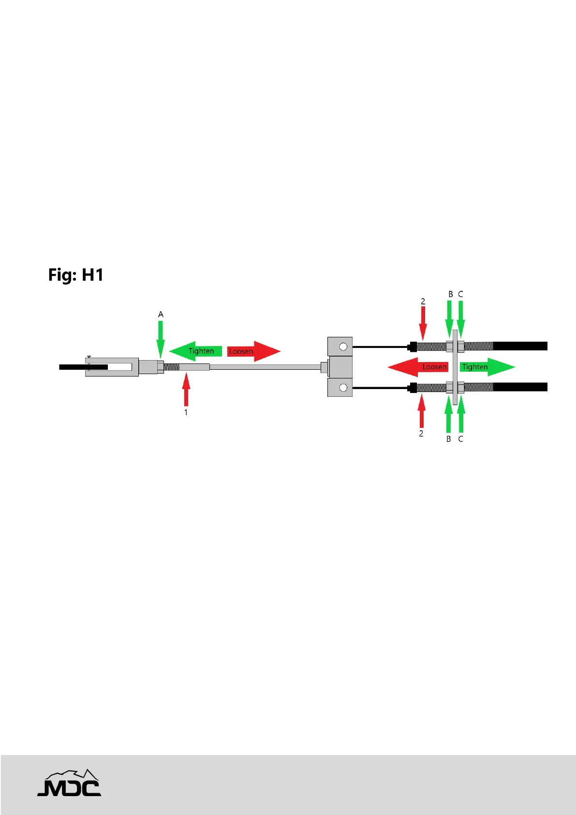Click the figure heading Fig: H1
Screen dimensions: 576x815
coord(76,275)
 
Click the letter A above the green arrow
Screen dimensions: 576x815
coord(161,315)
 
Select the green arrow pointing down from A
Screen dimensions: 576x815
coord(161,339)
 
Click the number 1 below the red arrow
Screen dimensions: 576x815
coord(186,412)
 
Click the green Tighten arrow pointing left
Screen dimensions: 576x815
coord(195,351)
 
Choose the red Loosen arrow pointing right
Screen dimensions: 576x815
coord(253,351)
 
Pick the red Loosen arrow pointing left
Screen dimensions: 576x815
coord(418,367)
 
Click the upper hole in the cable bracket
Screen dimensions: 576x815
coord(343,347)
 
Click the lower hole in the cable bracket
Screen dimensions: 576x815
coord(343,388)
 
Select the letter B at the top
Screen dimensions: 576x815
coord(451,294)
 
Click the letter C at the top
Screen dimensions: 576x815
coord(460,294)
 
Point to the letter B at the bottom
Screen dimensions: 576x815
coord(449,439)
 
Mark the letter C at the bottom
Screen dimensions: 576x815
coord(460,439)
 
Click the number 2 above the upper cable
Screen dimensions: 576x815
coord(423,302)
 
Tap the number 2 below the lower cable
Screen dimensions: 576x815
coord(421,434)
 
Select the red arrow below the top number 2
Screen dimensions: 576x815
coord(423,323)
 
